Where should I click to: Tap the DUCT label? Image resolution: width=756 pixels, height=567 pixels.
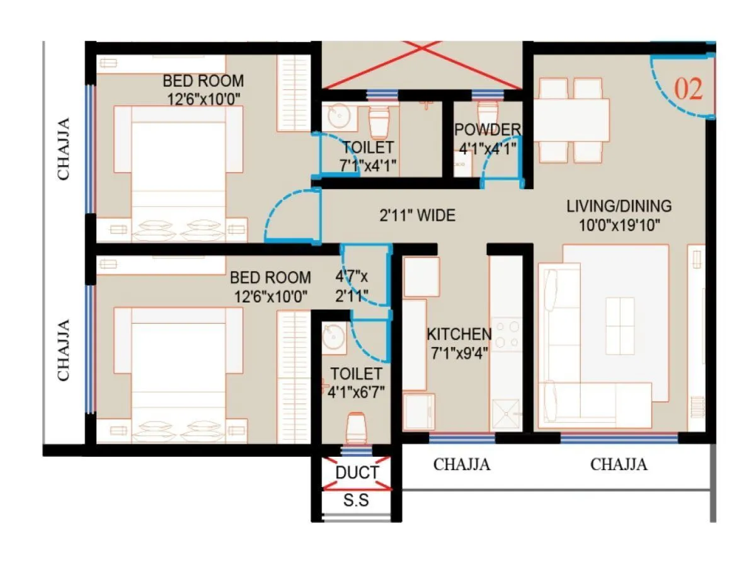357,472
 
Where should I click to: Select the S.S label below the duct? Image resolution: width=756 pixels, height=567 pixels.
356,501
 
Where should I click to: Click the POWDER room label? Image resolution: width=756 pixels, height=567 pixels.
488,130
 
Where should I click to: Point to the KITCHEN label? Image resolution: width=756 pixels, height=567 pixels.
459,334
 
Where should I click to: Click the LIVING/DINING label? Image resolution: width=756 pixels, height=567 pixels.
619,206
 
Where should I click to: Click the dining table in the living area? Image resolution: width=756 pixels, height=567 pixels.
571,120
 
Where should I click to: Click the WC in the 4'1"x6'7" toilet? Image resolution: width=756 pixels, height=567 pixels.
357,428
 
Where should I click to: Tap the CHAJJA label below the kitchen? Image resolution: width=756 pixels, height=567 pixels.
462,465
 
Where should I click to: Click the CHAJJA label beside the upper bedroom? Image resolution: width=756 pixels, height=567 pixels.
64,148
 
